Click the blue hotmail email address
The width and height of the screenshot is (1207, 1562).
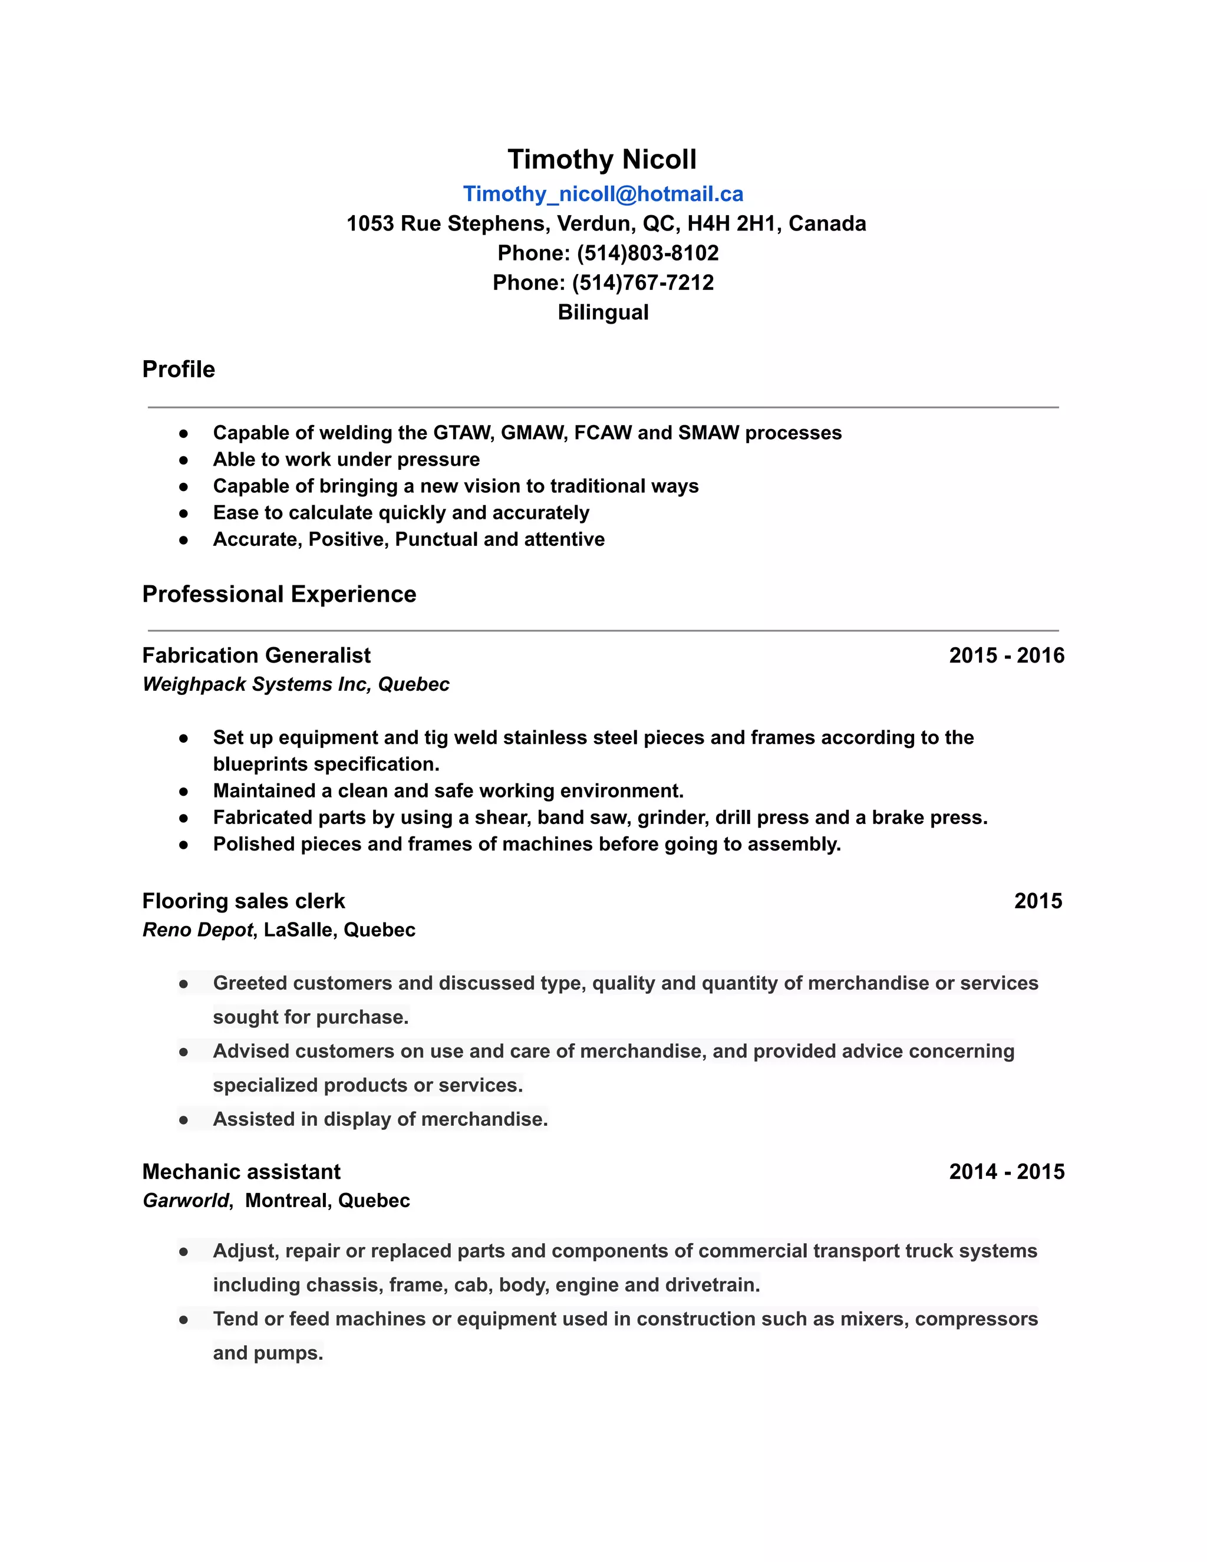pyautogui.click(x=603, y=194)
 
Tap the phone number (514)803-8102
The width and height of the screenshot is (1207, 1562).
pyautogui.click(x=647, y=253)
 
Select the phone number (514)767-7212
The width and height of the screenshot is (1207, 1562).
pyautogui.click(x=643, y=282)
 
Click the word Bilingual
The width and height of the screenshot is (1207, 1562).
pyautogui.click(x=603, y=312)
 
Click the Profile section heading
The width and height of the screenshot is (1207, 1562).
pyautogui.click(x=178, y=369)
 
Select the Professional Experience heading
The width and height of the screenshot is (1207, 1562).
pyautogui.click(x=279, y=594)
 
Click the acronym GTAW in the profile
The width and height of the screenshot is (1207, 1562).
pyautogui.click(x=463, y=433)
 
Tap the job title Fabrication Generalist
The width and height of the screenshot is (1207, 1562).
pyautogui.click(x=256, y=655)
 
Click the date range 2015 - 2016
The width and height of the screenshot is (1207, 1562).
pyautogui.click(x=1006, y=655)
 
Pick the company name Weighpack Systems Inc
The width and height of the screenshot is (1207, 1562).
pyautogui.click(x=255, y=684)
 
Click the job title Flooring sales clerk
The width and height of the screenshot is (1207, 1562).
pyautogui.click(x=243, y=901)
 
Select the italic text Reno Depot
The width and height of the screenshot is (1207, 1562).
pyautogui.click(x=197, y=930)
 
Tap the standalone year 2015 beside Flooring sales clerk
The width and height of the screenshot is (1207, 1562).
pyautogui.click(x=1037, y=901)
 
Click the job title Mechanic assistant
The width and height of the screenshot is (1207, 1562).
pyautogui.click(x=241, y=1172)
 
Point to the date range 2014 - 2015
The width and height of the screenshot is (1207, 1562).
pyautogui.click(x=1006, y=1172)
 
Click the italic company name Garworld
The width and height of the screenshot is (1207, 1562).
pyautogui.click(x=186, y=1201)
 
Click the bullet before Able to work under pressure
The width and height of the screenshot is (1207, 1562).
pyautogui.click(x=184, y=460)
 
